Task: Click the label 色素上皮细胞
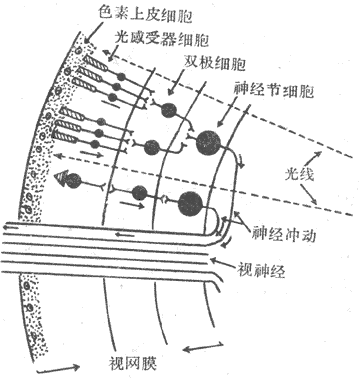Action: pyautogui.click(x=145, y=14)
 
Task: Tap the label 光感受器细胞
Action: pyautogui.click(x=162, y=39)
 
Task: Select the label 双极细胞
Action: pyautogui.click(x=214, y=62)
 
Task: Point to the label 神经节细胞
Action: pyautogui.click(x=274, y=90)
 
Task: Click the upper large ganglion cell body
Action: pyautogui.click(x=208, y=143)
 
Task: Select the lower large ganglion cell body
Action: pyautogui.click(x=191, y=203)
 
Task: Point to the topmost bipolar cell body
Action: pyautogui.click(x=169, y=110)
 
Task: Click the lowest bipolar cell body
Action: pyautogui.click(x=139, y=193)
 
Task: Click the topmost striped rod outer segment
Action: pyautogui.click(x=95, y=63)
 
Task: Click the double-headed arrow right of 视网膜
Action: pyautogui.click(x=203, y=347)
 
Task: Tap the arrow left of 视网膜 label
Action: pyautogui.click(x=58, y=369)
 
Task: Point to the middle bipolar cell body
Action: pyautogui.click(x=152, y=147)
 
